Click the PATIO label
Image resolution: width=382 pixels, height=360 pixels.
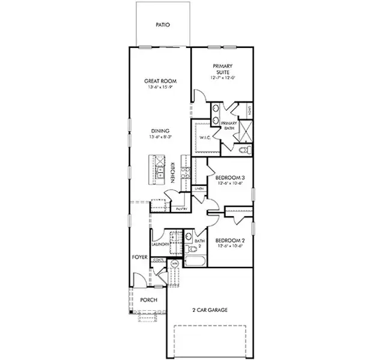(163, 25)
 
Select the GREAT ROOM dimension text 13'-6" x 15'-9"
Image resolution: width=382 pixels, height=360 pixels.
(159, 88)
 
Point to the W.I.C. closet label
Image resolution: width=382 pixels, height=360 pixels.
(204, 138)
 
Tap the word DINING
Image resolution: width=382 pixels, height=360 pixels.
(160, 131)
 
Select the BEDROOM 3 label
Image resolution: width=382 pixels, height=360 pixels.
(229, 178)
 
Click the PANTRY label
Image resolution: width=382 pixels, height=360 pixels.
(181, 208)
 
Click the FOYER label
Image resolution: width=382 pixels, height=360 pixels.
(140, 257)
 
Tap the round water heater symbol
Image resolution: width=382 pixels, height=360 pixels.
(175, 263)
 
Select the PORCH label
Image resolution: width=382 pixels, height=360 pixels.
(148, 299)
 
